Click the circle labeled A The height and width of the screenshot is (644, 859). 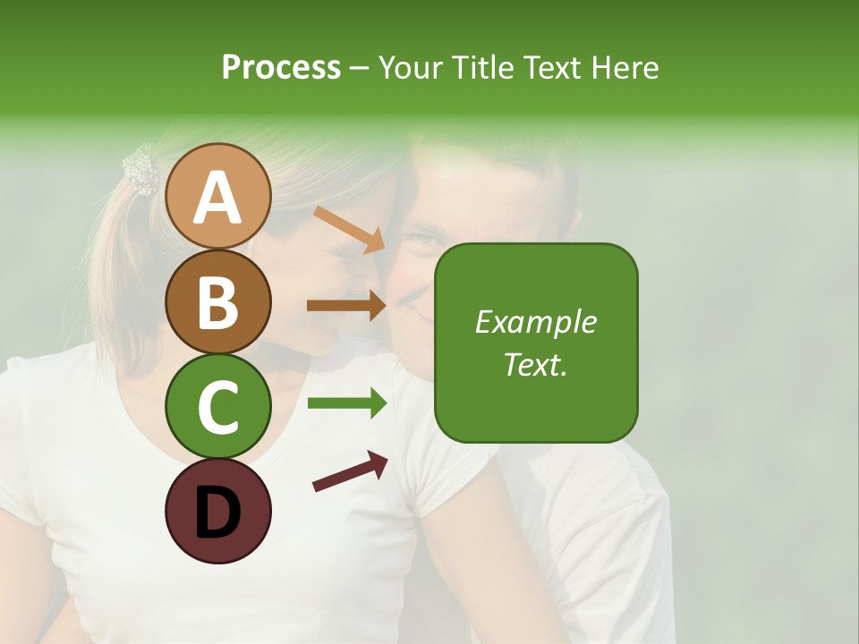217,196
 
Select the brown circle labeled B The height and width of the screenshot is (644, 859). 217,301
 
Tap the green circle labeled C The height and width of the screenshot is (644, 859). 217,407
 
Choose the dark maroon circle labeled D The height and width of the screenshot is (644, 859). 217,512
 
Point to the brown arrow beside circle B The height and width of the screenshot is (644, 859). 347,305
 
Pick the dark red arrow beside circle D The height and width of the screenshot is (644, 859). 351,472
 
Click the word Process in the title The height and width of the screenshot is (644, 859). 281,68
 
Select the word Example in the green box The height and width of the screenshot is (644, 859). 536,322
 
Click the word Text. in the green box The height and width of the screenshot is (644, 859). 536,364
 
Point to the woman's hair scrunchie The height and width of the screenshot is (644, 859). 140,169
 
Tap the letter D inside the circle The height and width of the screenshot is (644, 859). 217,513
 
